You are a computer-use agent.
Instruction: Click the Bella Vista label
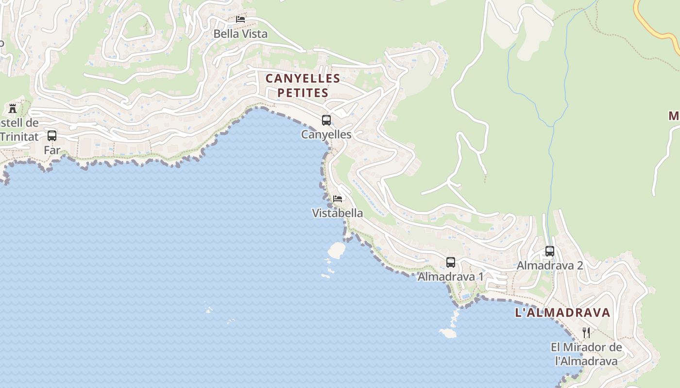(x=240, y=34)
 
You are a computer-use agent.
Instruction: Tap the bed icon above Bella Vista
(x=240, y=19)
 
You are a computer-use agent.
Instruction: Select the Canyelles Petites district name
(x=303, y=85)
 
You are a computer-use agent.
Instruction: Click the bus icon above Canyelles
(x=326, y=120)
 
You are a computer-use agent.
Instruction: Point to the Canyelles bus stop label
(x=326, y=134)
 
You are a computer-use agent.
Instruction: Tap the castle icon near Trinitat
(x=13, y=108)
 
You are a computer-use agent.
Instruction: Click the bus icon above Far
(x=52, y=136)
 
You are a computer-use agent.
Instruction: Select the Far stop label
(x=52, y=150)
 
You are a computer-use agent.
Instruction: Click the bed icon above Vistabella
(x=338, y=199)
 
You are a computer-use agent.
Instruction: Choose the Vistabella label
(x=337, y=213)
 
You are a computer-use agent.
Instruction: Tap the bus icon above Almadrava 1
(x=451, y=262)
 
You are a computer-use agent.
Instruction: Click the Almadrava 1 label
(x=450, y=277)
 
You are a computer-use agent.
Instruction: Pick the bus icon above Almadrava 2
(x=550, y=251)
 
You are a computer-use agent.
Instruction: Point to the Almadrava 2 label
(x=550, y=266)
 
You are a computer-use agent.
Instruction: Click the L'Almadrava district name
(x=562, y=313)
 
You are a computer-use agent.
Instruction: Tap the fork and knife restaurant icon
(x=586, y=333)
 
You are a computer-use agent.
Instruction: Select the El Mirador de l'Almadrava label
(x=586, y=354)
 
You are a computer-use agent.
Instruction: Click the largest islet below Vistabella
(x=336, y=250)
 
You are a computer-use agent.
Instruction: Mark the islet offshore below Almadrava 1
(x=448, y=333)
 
